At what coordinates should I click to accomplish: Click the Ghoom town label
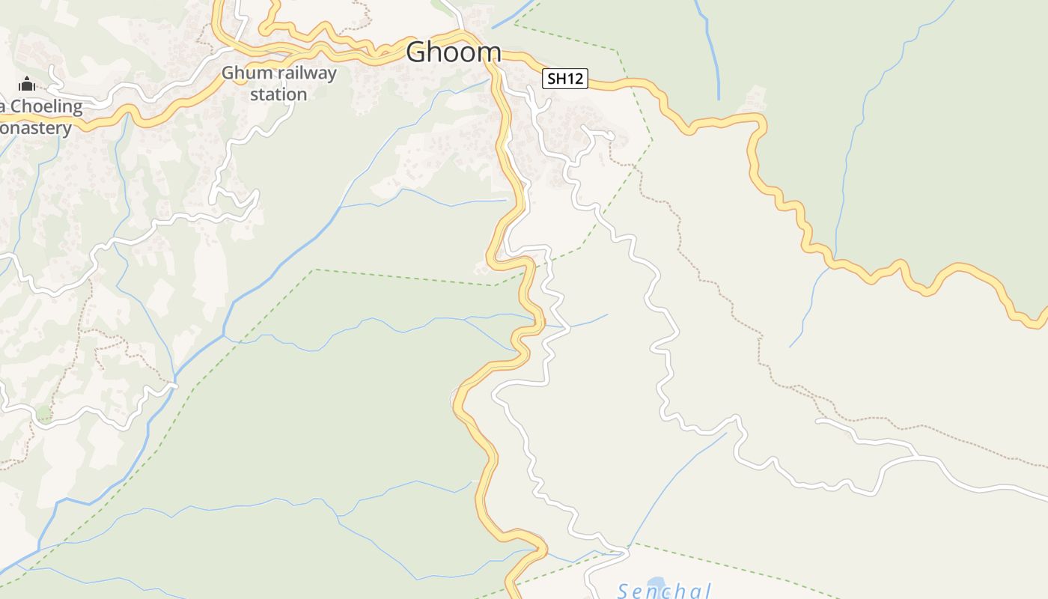[x=454, y=52]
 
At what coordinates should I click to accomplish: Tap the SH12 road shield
[x=565, y=78]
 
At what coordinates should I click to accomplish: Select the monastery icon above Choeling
[x=27, y=83]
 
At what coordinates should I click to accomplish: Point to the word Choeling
[x=46, y=106]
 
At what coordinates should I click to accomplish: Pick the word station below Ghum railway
[x=278, y=94]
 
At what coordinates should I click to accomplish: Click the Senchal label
[x=664, y=592]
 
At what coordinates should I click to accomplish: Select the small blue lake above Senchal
[x=656, y=582]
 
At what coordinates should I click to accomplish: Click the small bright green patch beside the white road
[x=43, y=413]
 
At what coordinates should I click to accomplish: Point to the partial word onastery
[x=36, y=128]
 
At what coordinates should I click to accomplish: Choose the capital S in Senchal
[x=624, y=592]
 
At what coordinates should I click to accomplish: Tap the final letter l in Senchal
[x=707, y=592]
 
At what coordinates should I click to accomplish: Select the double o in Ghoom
[x=459, y=52]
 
